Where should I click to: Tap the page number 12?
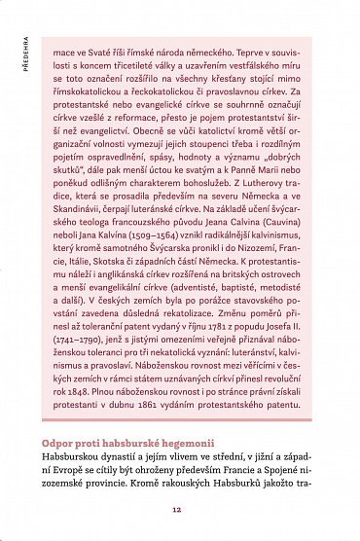point(177,508)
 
